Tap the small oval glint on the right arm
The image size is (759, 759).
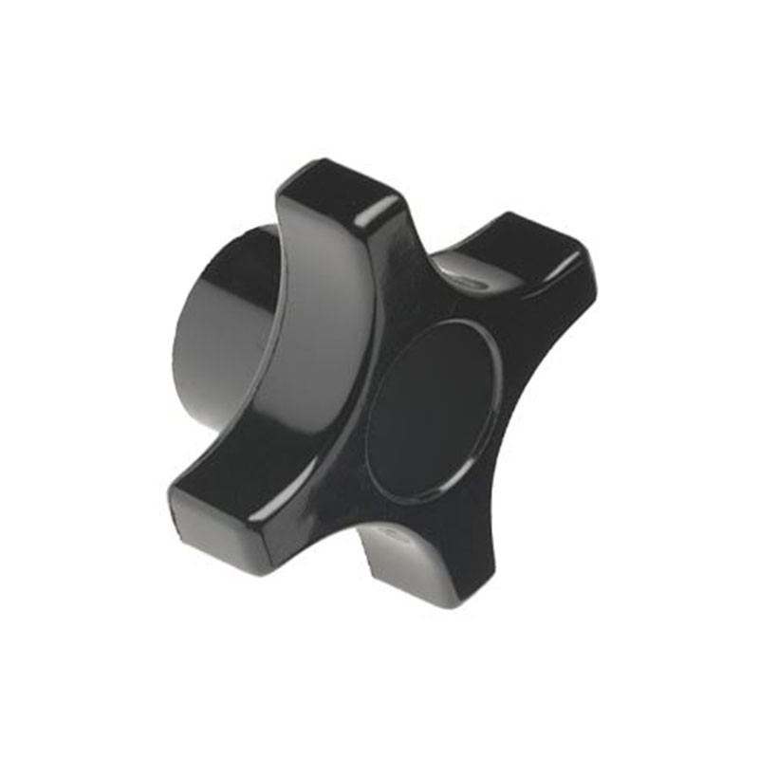coord(465,281)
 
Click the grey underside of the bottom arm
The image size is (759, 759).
coord(398,560)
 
